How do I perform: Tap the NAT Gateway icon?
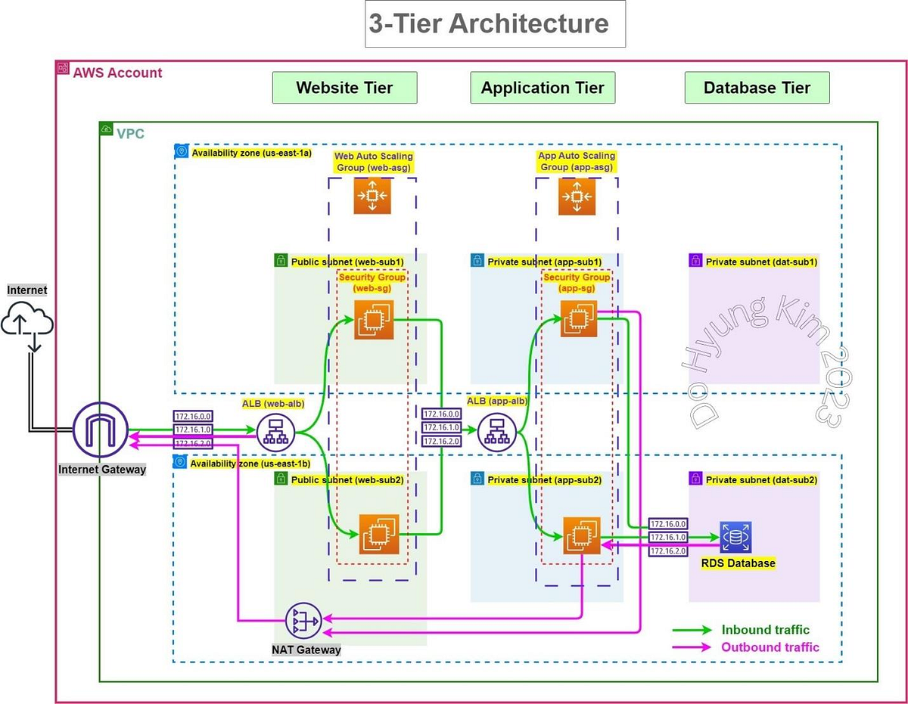pyautogui.click(x=303, y=621)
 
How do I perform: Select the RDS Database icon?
pyautogui.click(x=735, y=538)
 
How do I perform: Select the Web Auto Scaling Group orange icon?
pyautogui.click(x=372, y=197)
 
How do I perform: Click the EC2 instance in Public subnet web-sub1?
pyautogui.click(x=372, y=320)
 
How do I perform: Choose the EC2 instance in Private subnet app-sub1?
pyautogui.click(x=579, y=318)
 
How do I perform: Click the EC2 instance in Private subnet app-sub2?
pyautogui.click(x=581, y=536)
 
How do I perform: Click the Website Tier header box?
pyautogui.click(x=344, y=88)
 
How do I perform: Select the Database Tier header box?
pyautogui.click(x=757, y=88)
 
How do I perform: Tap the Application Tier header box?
pyautogui.click(x=543, y=88)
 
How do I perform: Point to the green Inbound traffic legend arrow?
pyautogui.click(x=692, y=630)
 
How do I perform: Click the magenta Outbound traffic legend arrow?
pyautogui.click(x=692, y=647)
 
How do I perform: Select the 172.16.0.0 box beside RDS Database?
pyautogui.click(x=668, y=523)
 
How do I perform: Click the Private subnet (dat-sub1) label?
pyautogui.click(x=761, y=262)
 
